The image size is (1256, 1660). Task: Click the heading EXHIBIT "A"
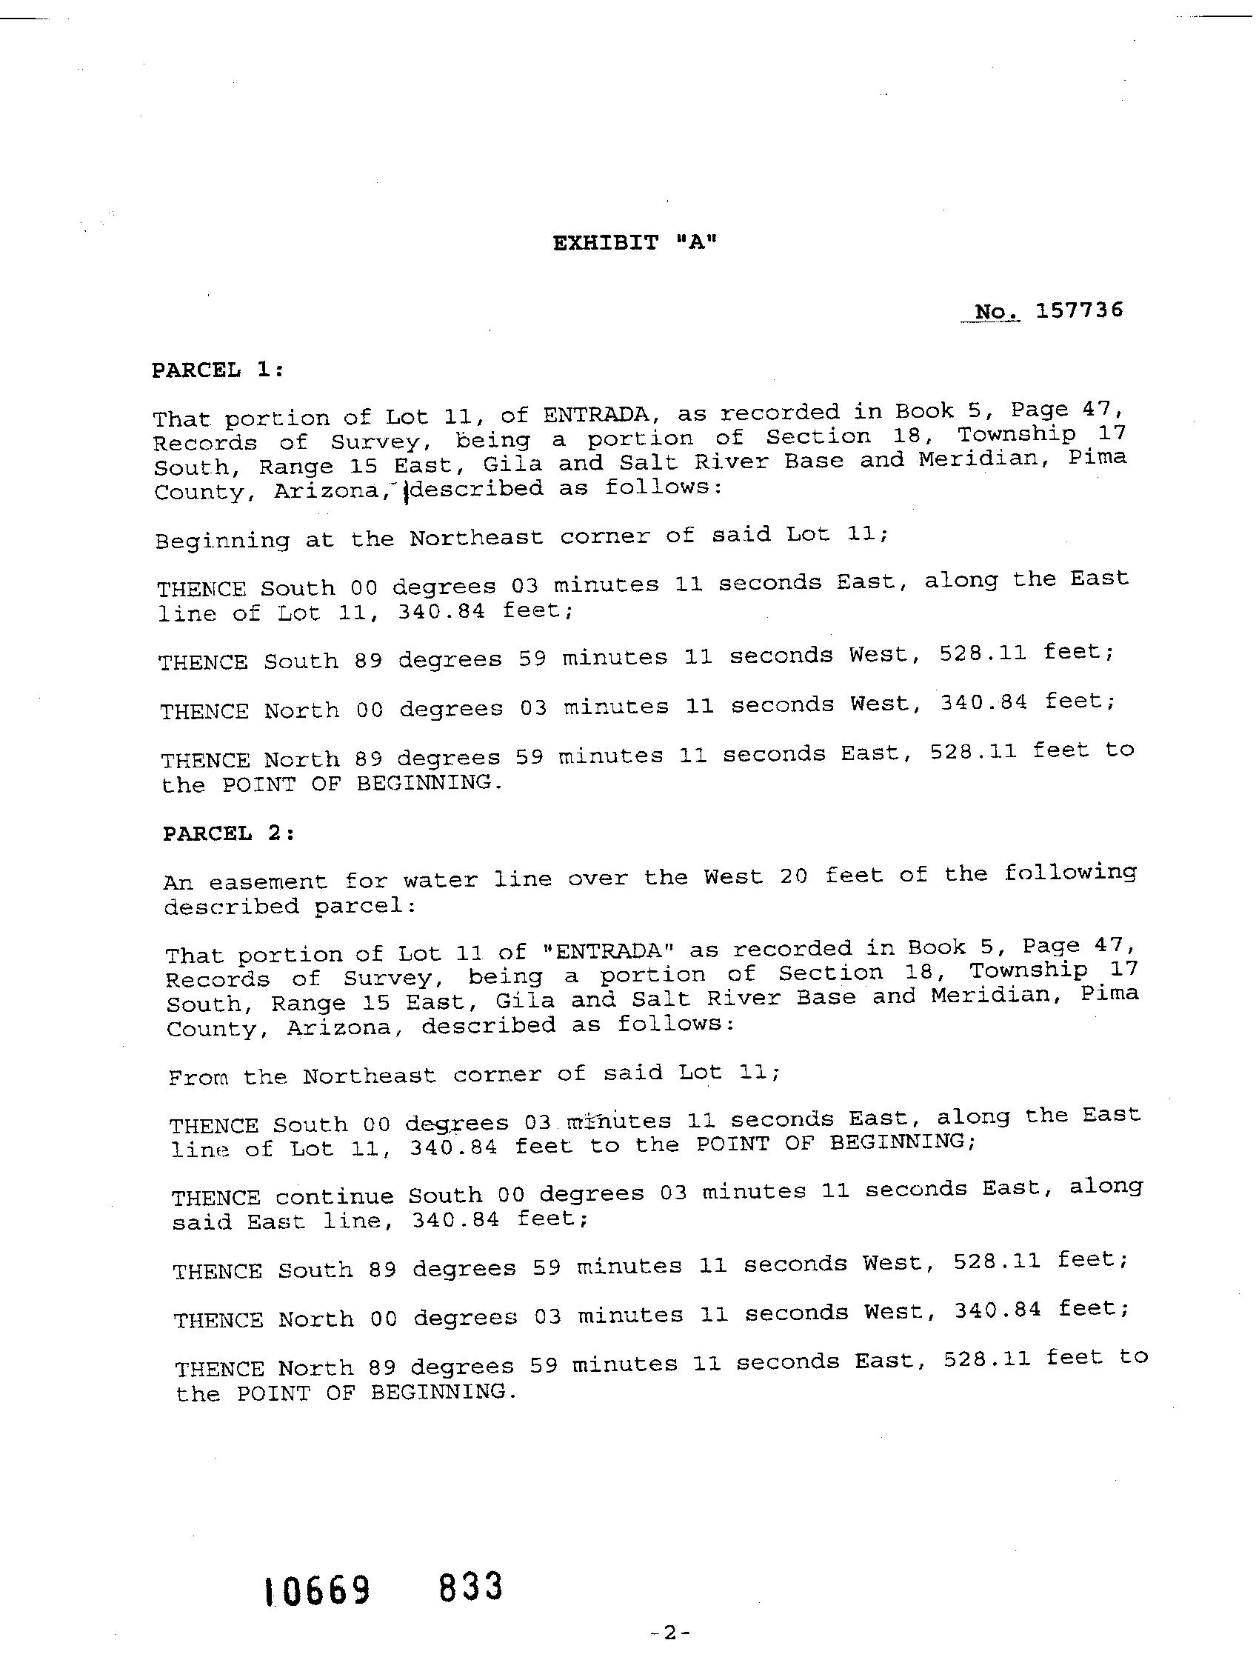coord(635,243)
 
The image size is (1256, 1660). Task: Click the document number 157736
coord(1080,310)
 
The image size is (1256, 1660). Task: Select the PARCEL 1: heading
coord(218,370)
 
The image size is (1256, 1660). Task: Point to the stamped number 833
coord(470,1587)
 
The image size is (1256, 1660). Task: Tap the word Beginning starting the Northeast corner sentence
coord(222,541)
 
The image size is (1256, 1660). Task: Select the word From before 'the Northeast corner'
coord(197,1079)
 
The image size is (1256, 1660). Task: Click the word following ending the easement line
coord(1070,873)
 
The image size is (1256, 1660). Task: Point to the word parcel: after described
coord(364,907)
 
